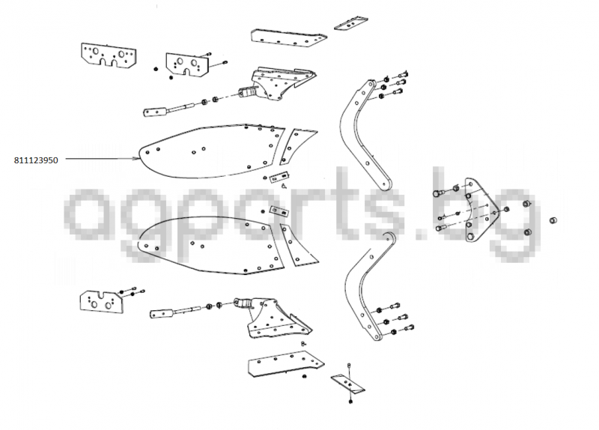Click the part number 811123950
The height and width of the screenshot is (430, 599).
point(36,160)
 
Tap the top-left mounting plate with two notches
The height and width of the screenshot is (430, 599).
point(109,55)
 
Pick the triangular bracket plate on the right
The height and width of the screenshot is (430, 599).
point(479,210)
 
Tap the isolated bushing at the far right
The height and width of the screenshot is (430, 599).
point(553,220)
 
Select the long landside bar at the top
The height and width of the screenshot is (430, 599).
point(288,37)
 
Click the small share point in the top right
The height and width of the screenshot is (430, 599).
point(350,23)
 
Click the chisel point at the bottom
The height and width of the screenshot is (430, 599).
point(347,384)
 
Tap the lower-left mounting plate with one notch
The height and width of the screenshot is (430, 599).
point(102,302)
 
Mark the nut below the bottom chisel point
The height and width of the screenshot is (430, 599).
point(350,402)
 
